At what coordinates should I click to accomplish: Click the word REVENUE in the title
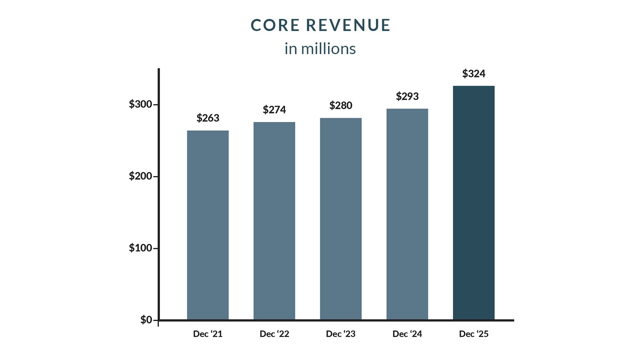tap(348, 25)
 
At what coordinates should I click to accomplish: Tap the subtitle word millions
tap(328, 49)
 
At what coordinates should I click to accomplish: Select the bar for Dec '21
tap(208, 225)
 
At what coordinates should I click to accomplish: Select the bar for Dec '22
tap(274, 221)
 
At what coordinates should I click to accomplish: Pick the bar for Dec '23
tap(341, 219)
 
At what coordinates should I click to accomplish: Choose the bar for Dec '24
tap(407, 214)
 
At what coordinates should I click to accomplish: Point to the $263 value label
tap(208, 118)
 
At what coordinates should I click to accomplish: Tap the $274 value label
tap(274, 110)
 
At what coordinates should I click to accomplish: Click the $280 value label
tap(341, 105)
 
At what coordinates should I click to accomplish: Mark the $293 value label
tap(407, 96)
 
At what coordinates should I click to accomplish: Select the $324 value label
tap(474, 74)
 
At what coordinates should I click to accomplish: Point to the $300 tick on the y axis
tap(141, 104)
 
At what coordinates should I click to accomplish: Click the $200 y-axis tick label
tap(141, 176)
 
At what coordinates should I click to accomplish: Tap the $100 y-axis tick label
tap(141, 248)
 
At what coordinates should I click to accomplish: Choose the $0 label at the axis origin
tap(146, 320)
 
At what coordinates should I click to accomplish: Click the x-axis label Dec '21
tap(208, 334)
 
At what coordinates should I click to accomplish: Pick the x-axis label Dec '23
tap(341, 334)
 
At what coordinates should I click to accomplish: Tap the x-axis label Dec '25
tap(474, 334)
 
